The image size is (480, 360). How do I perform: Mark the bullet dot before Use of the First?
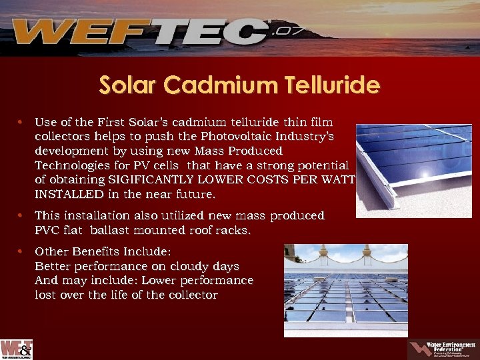pos(22,123)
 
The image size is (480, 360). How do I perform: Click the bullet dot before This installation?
pos(22,216)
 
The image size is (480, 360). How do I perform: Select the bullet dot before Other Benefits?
pos(22,252)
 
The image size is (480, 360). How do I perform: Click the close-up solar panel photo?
pos(413,169)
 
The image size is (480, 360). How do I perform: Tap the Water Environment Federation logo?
pos(440,349)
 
